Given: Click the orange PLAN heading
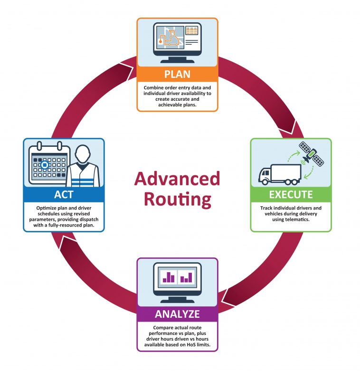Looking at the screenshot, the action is click(x=177, y=74).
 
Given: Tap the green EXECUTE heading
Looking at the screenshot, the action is click(x=291, y=195).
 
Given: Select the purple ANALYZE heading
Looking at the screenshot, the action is click(x=177, y=314).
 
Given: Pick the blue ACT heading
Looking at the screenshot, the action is click(x=64, y=195).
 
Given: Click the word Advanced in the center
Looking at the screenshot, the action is click(x=177, y=179).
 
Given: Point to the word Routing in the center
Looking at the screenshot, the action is click(x=178, y=200).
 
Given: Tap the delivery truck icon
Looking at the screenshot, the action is click(x=280, y=174).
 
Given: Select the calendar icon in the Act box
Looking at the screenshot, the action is click(x=49, y=163).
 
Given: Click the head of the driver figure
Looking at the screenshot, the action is click(x=82, y=154).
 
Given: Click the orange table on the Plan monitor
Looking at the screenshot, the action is click(x=191, y=31).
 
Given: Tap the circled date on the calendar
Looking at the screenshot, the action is click(x=45, y=165).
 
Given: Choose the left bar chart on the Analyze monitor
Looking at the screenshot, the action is click(x=169, y=277).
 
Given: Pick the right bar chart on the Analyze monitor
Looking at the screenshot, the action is click(x=186, y=277).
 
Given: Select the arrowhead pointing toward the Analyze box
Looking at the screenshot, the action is click(x=228, y=298).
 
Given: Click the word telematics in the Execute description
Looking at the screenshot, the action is click(x=297, y=219).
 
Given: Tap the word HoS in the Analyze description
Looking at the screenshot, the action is click(x=191, y=345).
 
